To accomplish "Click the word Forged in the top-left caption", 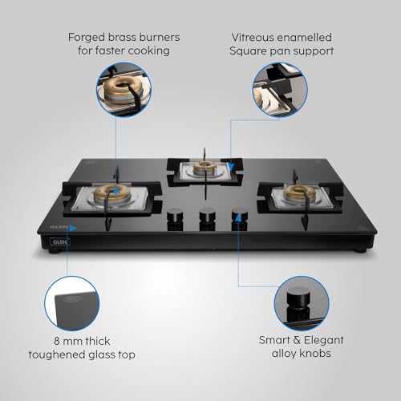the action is [x=86, y=38].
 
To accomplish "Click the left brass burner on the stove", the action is [x=112, y=194].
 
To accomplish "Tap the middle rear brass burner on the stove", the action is [x=205, y=166].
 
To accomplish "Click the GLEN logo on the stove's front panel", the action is [x=59, y=242].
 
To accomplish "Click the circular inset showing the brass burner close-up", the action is [x=124, y=89].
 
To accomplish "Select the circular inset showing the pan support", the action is [x=280, y=89].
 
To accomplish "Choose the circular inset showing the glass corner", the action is [x=72, y=303].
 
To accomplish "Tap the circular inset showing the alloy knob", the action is [x=302, y=303].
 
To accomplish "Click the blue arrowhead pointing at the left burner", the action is [x=115, y=192].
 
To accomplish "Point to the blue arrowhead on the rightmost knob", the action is [x=238, y=218].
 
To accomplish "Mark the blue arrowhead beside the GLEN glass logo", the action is [x=73, y=228].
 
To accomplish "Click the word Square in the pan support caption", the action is [x=247, y=51].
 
